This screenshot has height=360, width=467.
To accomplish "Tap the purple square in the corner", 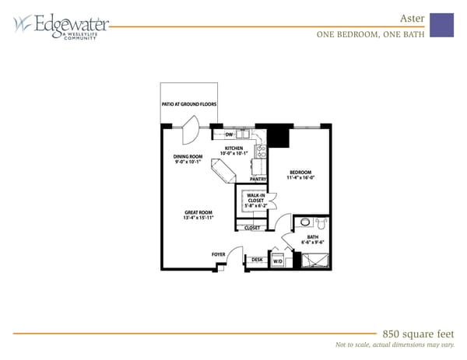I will click(441, 25).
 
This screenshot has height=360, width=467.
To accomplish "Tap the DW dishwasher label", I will click(230, 135).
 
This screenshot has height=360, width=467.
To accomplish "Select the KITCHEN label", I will click(234, 148).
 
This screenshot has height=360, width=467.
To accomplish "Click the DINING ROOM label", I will click(188, 156).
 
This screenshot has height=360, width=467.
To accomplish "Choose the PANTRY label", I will click(259, 178).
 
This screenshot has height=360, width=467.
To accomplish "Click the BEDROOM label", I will click(300, 172).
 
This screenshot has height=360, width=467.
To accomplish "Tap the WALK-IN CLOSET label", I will click(256, 197).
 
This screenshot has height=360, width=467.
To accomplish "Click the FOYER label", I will click(219, 254).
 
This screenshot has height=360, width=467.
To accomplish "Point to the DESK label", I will click(257, 260).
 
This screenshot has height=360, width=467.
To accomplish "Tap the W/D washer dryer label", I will click(278, 261).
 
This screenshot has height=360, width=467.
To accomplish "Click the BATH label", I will click(313, 236).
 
